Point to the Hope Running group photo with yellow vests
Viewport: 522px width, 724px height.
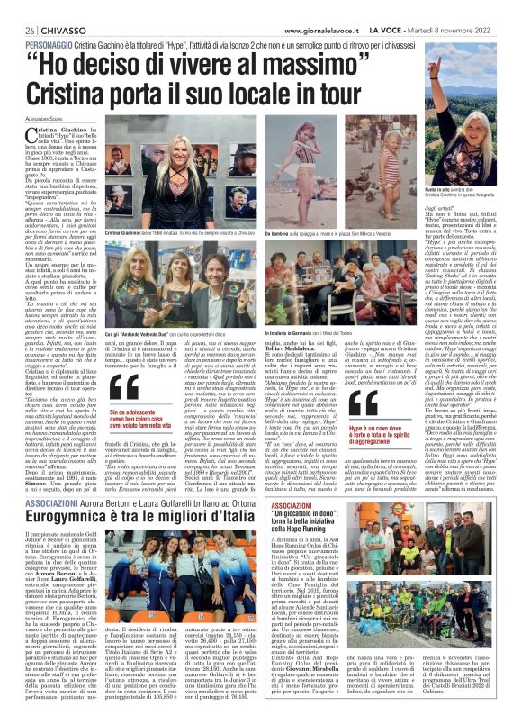pyautogui.click(x=446, y=557)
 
